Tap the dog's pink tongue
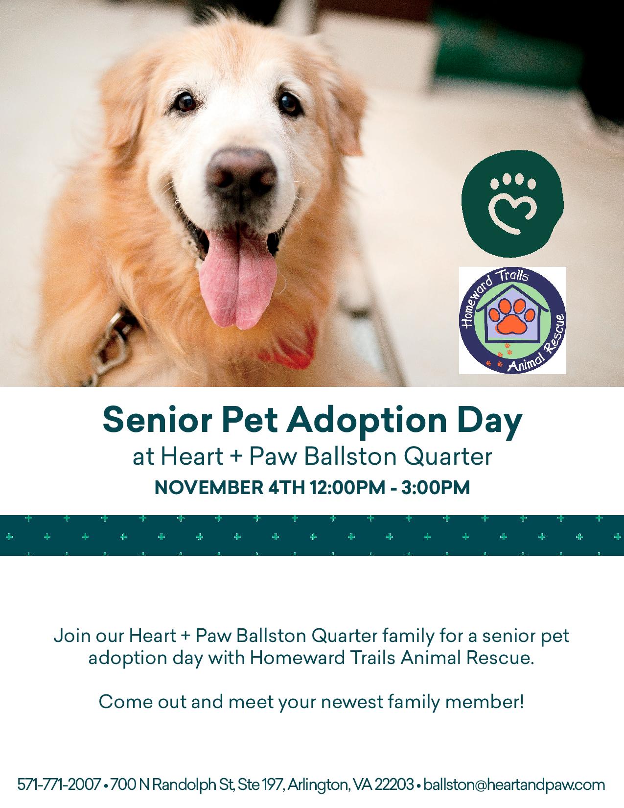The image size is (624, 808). [238, 277]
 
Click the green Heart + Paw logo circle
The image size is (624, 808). [512, 204]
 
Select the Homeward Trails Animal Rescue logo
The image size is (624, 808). [512, 321]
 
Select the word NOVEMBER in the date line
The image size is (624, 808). [209, 487]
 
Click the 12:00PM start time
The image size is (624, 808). [347, 487]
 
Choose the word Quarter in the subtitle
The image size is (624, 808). [448, 456]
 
